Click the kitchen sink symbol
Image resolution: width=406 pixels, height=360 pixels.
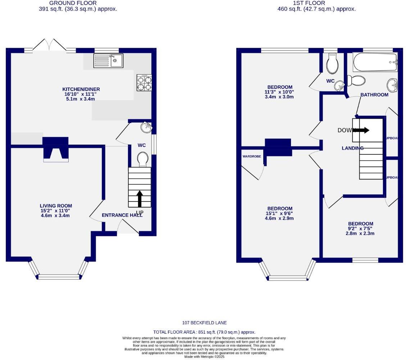[x=108, y=60]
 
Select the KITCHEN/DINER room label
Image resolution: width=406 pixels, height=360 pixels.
[x=81, y=89]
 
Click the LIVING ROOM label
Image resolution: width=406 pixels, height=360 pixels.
[x=56, y=206]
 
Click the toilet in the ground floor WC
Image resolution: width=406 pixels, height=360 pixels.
[x=143, y=159]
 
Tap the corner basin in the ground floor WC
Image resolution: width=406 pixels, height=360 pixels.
[x=146, y=127]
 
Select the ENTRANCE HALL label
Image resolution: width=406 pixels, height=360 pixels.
[x=122, y=215]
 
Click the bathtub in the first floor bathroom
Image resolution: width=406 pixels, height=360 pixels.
[x=375, y=62]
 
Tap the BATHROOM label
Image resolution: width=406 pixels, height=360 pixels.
[x=374, y=95]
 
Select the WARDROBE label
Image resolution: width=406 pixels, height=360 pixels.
[x=252, y=156]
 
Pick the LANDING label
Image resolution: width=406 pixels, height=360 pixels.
[x=352, y=148]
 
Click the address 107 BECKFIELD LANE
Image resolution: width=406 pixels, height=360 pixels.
[x=204, y=323]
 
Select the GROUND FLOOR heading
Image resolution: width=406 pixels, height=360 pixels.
[x=78, y=3]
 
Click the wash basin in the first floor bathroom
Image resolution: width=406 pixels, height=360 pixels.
[x=392, y=85]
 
